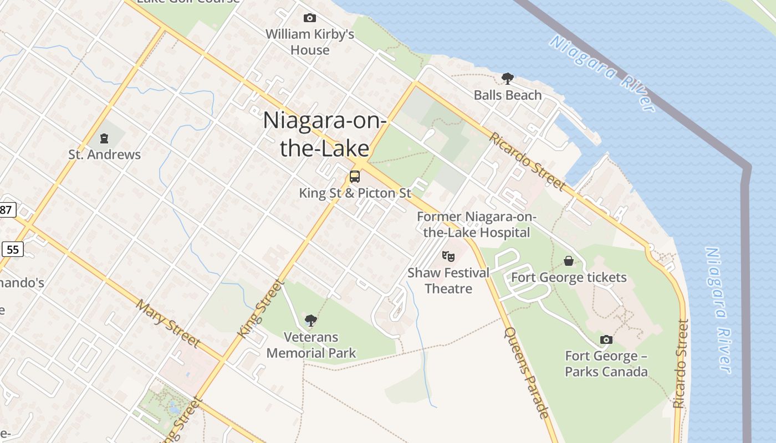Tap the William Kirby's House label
[x=310, y=42]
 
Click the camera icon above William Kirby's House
[x=310, y=18]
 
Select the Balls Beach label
[x=507, y=95]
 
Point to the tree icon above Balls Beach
[x=507, y=79]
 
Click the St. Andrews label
[x=105, y=154]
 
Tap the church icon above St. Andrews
[x=104, y=138]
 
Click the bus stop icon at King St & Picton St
[x=355, y=177]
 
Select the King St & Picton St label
[x=355, y=193]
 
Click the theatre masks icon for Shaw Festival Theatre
[x=448, y=256]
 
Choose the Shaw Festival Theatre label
[x=448, y=281]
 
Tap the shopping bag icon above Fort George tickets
[x=569, y=261]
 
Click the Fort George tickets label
[x=569, y=277]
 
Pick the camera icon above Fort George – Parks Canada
[x=606, y=339]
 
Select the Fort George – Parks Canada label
[x=606, y=364]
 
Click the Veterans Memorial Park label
[x=311, y=345]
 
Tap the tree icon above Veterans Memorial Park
[x=311, y=320]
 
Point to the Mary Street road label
[x=168, y=323]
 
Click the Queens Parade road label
[x=527, y=372]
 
